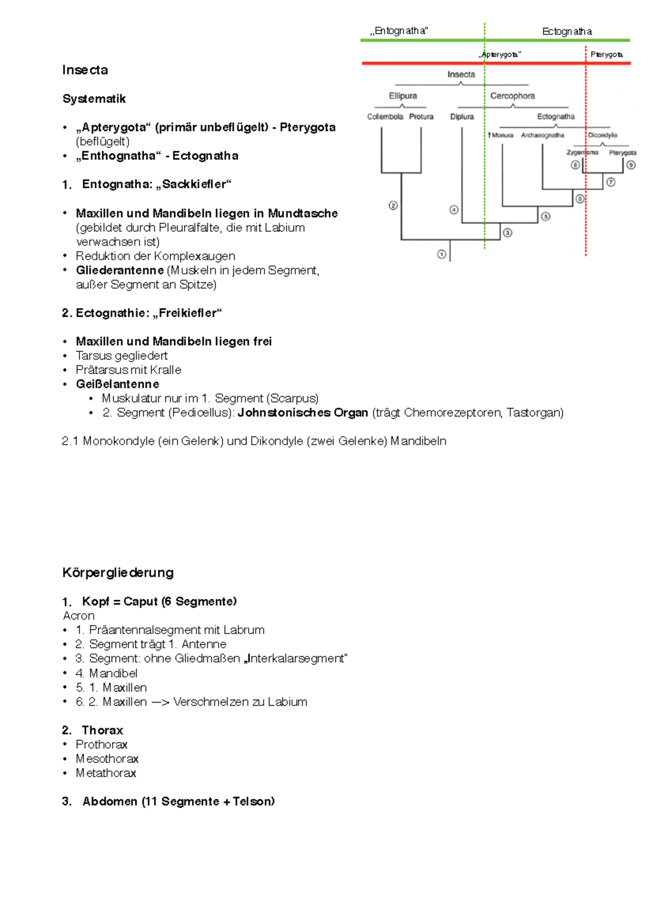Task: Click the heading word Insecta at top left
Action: coord(85,70)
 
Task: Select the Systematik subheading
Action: coord(94,99)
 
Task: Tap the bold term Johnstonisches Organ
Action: coord(303,412)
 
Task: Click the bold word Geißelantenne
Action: coord(118,384)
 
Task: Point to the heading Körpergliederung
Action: coord(118,572)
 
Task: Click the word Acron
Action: coord(79,615)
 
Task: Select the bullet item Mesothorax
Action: coord(107,759)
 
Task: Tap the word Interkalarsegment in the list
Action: coord(297,658)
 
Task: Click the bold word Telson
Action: coord(254,802)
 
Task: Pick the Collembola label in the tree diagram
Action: coord(385,117)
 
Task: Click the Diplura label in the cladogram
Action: coord(462,117)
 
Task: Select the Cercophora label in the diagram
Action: coord(512,96)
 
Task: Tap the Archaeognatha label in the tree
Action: coord(543,135)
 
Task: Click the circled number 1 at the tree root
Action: coord(441,254)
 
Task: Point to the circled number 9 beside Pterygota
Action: coord(631,165)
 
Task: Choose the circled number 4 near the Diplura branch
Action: coord(454,210)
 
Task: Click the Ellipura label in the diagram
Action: coord(403,96)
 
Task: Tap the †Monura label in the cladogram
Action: coord(501,135)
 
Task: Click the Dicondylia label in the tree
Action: coord(602,135)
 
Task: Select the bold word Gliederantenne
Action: coord(120,270)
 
